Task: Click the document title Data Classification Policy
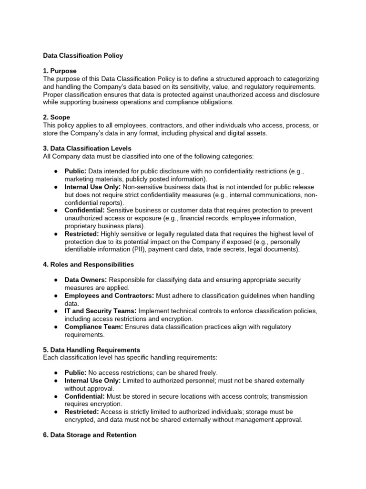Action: tap(83, 55)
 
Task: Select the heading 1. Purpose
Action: tap(60, 71)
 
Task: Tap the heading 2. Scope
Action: tap(57, 117)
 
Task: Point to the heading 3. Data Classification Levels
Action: tap(87, 148)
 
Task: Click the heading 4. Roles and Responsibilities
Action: tap(88, 264)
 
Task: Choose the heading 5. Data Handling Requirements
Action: tap(91, 350)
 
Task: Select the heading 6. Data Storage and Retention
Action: tap(90, 435)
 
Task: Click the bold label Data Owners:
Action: tap(84, 280)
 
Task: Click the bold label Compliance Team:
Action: tap(94, 327)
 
